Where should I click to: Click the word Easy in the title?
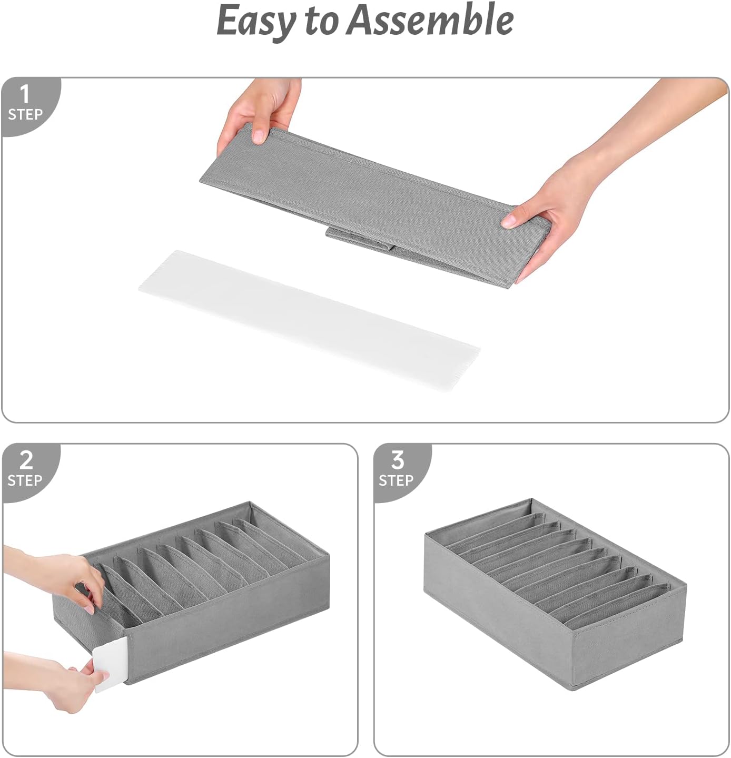tap(256, 21)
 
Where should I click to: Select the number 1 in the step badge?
tap(24, 95)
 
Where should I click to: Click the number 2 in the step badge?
tap(26, 460)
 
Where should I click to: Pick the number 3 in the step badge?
tap(398, 460)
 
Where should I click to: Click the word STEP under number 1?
tap(25, 114)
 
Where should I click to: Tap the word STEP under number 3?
tap(396, 480)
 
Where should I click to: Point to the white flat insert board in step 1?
tap(309, 319)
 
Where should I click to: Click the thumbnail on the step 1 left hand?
tap(259, 136)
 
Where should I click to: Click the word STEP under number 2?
tap(25, 480)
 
